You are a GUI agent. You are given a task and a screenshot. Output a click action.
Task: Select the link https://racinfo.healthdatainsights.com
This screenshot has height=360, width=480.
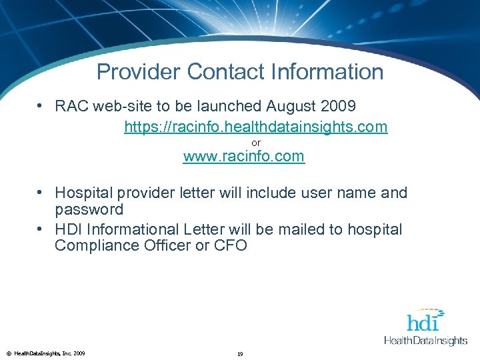coord(255,127)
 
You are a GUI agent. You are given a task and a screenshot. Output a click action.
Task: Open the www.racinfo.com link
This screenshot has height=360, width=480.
coord(243,157)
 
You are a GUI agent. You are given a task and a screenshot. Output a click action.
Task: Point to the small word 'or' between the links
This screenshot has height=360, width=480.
coord(256,143)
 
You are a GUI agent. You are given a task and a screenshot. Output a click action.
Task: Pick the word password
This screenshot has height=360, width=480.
coord(89,210)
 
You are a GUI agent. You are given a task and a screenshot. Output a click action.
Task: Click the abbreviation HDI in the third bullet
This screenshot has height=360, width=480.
coord(67,229)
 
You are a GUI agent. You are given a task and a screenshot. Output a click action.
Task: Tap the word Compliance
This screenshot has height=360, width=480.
coord(96,246)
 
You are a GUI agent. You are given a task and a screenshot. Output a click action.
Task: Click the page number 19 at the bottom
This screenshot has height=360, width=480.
coord(240,353)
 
